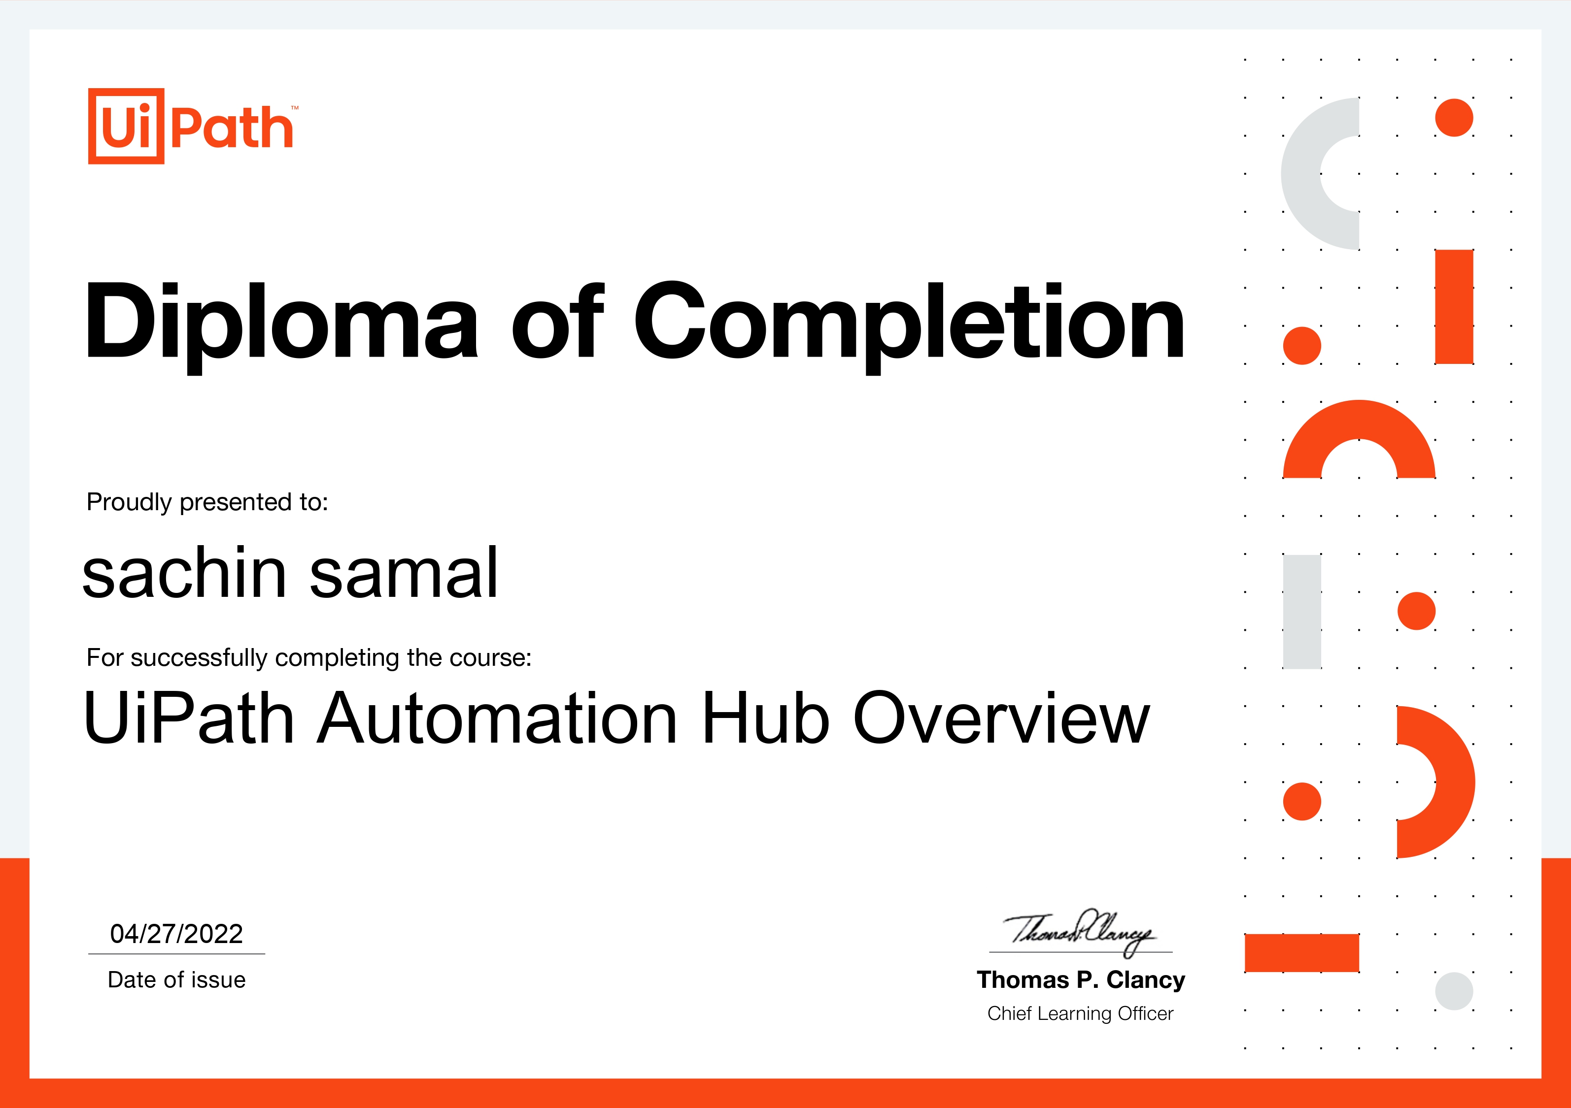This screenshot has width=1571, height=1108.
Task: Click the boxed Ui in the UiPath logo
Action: tap(126, 126)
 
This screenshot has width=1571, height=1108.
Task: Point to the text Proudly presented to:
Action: tap(207, 502)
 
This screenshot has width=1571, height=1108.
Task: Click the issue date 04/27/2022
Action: tap(176, 934)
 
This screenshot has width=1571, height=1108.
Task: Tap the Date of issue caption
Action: tap(176, 979)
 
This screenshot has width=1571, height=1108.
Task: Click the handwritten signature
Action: tap(1080, 932)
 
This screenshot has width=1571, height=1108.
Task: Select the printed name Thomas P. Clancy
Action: tap(1080, 979)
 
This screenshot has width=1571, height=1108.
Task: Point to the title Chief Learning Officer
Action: tap(1080, 1013)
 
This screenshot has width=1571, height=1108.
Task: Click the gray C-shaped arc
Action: tap(1300, 174)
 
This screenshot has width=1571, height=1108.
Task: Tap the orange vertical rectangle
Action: tap(1454, 306)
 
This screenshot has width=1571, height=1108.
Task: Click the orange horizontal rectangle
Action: tap(1301, 953)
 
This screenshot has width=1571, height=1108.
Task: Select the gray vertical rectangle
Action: tap(1301, 612)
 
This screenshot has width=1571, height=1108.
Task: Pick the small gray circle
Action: tap(1454, 991)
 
